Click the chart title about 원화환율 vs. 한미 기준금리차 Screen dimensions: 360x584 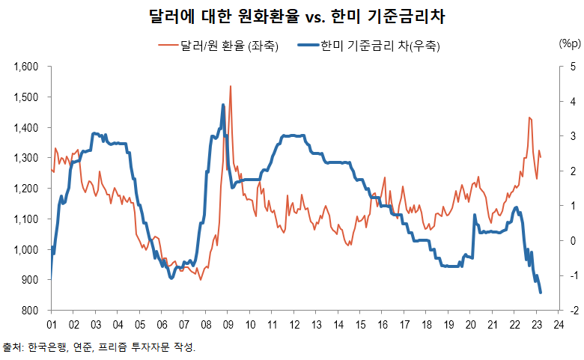pos(292,16)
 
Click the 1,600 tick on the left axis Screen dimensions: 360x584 pos(26,67)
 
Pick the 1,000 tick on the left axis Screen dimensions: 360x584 pos(26,250)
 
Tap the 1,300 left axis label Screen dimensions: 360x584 pos(26,159)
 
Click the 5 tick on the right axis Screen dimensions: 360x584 pos(573,67)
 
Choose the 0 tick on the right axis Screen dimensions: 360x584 pos(573,241)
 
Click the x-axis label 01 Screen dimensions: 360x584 pos(52,325)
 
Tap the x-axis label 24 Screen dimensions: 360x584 pos(559,325)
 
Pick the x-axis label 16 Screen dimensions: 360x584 pos(383,325)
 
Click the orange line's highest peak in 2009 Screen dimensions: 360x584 pos(230,87)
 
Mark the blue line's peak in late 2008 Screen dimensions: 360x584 pos(223,106)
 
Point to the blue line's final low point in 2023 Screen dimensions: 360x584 pos(541,293)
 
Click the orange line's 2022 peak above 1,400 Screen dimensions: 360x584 pos(529,118)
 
